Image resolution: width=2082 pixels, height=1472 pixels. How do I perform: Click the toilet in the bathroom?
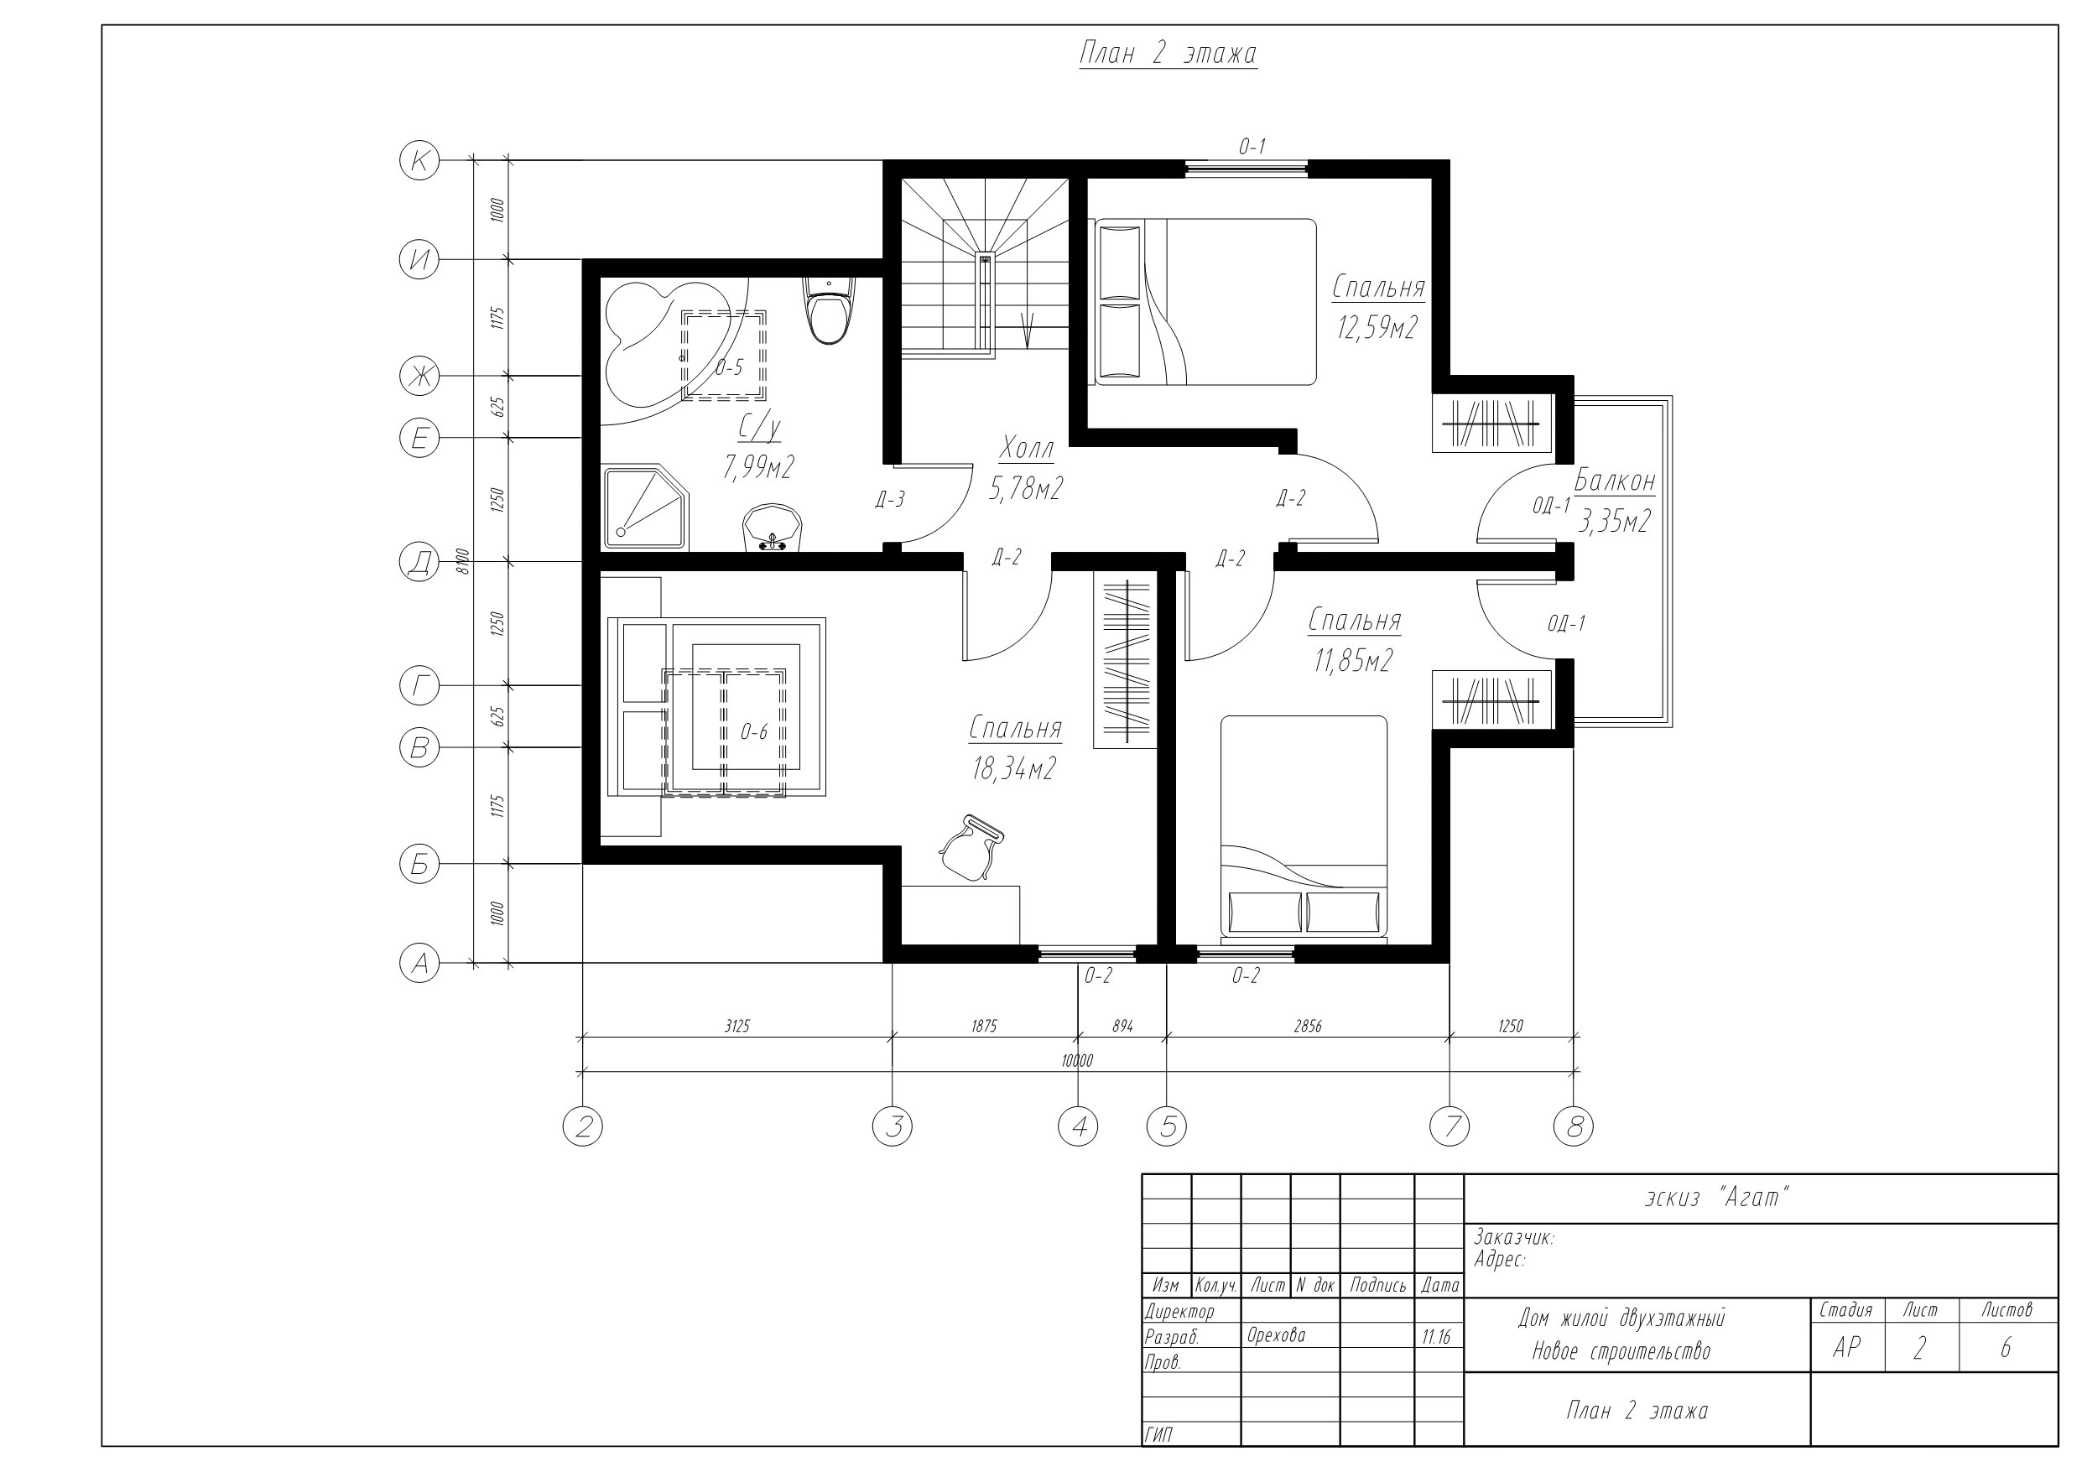click(829, 310)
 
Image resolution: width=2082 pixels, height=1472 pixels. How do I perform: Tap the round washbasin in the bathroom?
click(773, 527)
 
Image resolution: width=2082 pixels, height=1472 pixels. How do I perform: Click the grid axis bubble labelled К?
click(419, 161)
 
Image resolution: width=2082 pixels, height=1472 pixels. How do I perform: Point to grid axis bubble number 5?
click(1167, 1126)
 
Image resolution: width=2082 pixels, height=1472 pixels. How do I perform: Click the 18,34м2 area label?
click(1014, 769)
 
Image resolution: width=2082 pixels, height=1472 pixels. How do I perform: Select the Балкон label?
click(1614, 481)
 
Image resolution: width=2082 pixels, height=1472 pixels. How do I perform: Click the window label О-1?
click(1252, 146)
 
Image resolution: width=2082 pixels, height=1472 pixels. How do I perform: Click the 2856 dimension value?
click(1308, 1026)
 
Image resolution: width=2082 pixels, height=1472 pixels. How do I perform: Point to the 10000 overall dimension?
click(1077, 1060)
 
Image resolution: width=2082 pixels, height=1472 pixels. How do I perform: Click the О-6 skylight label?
click(754, 732)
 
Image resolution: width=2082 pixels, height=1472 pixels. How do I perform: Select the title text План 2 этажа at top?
click(1168, 55)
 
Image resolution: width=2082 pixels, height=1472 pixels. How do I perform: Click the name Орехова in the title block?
click(1276, 1335)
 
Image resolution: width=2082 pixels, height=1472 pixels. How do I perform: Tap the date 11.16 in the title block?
click(1436, 1337)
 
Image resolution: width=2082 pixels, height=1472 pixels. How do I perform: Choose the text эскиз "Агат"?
click(1717, 1198)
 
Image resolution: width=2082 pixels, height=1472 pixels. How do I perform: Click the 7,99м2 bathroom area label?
click(759, 467)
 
